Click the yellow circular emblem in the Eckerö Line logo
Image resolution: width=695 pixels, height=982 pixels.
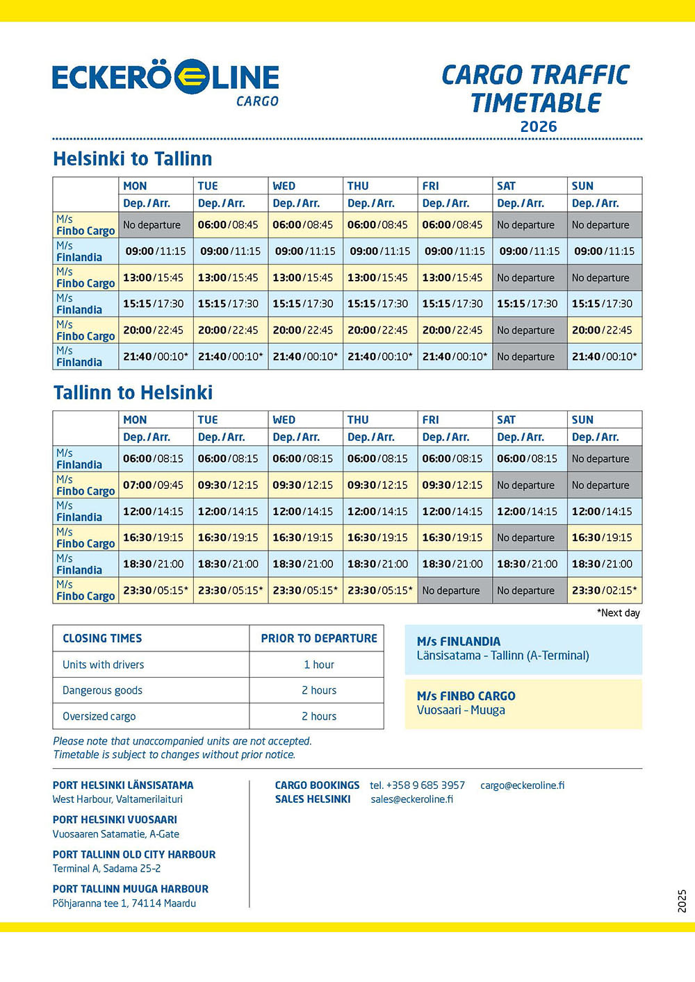tap(191, 76)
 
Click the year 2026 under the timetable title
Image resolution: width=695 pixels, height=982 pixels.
tap(539, 127)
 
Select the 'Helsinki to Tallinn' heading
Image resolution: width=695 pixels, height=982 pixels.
tap(133, 159)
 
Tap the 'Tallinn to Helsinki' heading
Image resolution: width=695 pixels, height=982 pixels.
tap(133, 393)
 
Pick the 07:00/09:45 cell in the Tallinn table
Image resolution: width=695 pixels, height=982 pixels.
tap(154, 485)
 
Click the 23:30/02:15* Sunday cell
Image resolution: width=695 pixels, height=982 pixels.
tap(604, 590)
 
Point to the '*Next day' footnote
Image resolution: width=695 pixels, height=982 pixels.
tap(619, 613)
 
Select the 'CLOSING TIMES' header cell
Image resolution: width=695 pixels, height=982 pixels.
tap(102, 638)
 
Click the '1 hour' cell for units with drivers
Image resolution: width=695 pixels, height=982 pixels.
tap(318, 665)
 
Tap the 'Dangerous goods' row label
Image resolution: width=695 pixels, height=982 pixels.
tap(102, 690)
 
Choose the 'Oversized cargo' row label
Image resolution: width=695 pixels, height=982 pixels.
tap(99, 716)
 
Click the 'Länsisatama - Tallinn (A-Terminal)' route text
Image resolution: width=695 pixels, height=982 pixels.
tap(502, 656)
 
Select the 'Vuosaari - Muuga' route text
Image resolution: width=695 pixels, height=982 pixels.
tap(461, 710)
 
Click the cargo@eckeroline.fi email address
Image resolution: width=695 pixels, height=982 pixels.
tap(522, 785)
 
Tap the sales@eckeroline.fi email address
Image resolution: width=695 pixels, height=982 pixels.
tap(411, 799)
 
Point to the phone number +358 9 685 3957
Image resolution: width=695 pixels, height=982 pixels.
tap(417, 785)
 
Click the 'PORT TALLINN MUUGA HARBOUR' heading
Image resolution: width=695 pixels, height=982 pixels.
tap(131, 889)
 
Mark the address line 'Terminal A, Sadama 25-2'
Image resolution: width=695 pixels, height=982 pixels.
tap(106, 869)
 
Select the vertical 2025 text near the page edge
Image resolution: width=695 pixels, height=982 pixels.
tap(682, 901)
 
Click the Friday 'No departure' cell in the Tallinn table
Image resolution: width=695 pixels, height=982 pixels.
tap(451, 590)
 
